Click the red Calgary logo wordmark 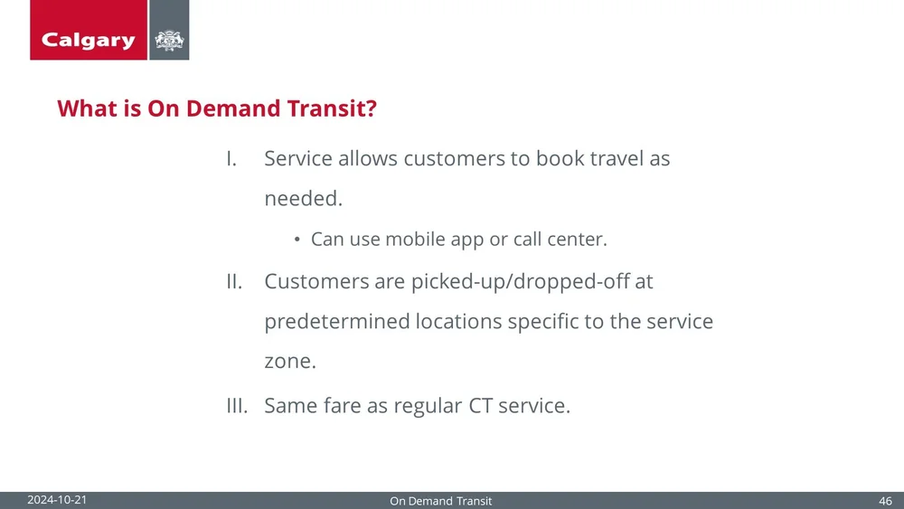coord(89,40)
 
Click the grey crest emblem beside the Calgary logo coord(169,40)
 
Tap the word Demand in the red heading coord(230,109)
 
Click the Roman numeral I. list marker coord(231,158)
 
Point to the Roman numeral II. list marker coord(233,281)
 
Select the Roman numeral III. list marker coord(236,405)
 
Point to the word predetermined coord(337,322)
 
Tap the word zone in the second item coord(289,362)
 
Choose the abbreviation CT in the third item coord(480,405)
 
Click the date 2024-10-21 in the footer coord(57,500)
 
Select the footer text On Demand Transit coord(440,501)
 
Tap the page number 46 coord(885,501)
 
